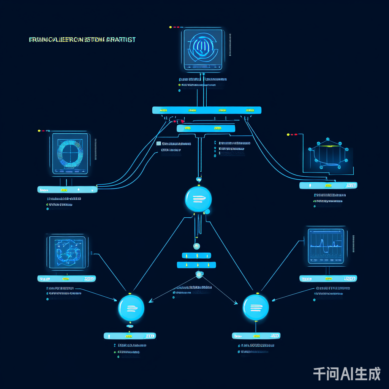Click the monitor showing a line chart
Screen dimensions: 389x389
coord(326,246)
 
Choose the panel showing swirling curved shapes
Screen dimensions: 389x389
coord(68,252)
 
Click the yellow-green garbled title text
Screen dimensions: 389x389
coord(82,40)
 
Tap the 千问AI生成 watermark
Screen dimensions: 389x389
coord(346,374)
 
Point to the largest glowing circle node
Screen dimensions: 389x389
coord(198,199)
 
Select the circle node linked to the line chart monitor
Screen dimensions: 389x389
coord(256,307)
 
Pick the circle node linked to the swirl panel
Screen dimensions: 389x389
coord(131,307)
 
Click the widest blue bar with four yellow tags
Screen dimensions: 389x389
coord(207,110)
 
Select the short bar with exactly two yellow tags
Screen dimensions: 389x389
coord(206,129)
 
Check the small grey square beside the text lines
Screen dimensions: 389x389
coord(158,144)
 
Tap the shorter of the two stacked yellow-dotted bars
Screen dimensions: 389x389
coord(196,255)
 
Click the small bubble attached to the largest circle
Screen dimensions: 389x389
coord(207,212)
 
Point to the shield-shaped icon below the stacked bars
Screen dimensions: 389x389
coord(198,274)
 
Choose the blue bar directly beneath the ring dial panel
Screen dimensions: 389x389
coord(67,190)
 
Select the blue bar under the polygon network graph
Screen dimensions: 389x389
coord(328,185)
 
